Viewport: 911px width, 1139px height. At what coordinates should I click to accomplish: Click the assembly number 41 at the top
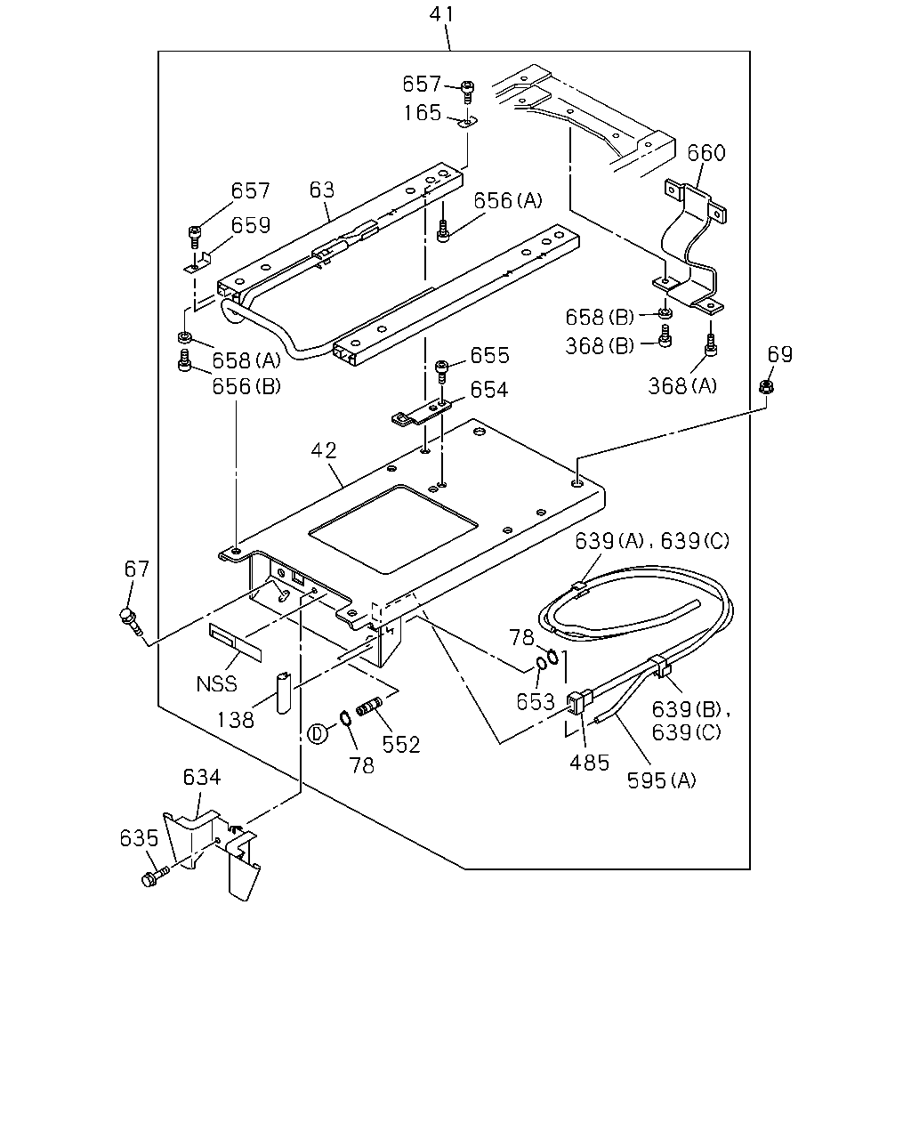click(441, 14)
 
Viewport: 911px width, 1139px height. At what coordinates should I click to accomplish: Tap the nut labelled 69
click(765, 387)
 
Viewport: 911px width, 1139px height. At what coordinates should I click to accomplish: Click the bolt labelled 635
click(155, 876)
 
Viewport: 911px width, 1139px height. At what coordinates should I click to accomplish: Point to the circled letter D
click(317, 734)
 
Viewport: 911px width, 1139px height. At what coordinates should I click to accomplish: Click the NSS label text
click(216, 683)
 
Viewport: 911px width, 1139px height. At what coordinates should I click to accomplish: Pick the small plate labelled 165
click(467, 123)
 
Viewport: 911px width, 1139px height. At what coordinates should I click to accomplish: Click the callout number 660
click(706, 153)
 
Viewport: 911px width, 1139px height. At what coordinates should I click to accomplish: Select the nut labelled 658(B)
click(665, 313)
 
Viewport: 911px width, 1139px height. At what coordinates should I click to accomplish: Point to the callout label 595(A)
click(661, 780)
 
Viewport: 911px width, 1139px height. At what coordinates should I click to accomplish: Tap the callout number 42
click(324, 451)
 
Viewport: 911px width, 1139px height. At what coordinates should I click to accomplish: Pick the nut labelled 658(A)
click(185, 336)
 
